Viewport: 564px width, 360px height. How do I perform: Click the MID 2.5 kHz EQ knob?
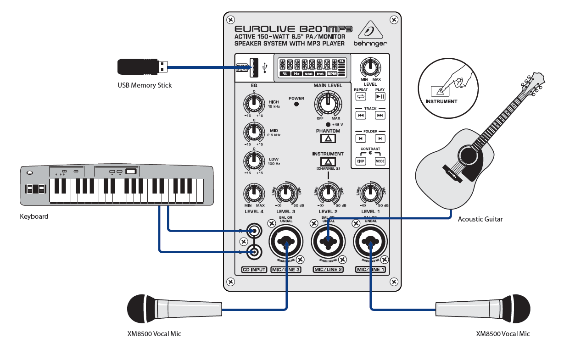[x=253, y=133]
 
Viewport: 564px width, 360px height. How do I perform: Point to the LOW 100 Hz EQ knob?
[x=253, y=161]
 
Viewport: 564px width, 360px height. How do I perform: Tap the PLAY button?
[x=380, y=96]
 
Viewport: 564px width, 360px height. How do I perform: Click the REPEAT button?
[x=361, y=96]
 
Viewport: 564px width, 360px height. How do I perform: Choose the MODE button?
[x=380, y=161]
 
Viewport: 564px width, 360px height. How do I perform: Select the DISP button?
[x=361, y=161]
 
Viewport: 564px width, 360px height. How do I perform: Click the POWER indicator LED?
[x=296, y=104]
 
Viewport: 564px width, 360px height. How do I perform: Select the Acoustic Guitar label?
[x=480, y=219]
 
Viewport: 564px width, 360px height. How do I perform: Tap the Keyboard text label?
[x=34, y=216]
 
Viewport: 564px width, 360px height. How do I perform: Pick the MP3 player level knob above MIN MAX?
[x=370, y=67]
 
